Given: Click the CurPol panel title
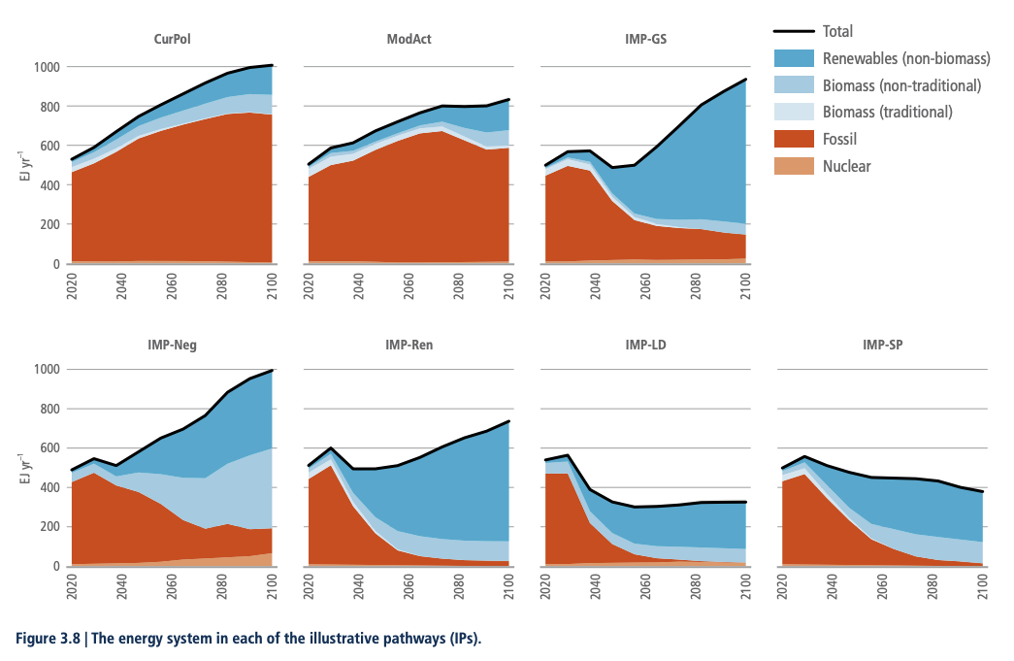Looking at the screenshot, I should pos(171,40).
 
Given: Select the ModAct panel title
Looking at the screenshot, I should pos(409,40).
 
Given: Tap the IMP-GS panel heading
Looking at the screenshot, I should pos(645,40).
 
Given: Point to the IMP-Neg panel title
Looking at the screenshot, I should pos(171,345).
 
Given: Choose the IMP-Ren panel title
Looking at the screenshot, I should pos(409,345).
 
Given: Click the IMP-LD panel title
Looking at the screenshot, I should pos(645,345).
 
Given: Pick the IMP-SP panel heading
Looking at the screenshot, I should pos(882,345).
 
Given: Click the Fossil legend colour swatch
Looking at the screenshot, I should pos(794,139).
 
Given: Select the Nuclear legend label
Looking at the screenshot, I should pos(846,166).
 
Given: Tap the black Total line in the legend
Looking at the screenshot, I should pos(794,32).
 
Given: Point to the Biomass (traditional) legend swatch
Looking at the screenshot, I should pos(794,112).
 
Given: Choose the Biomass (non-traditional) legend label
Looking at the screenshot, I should pos(901,85).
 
